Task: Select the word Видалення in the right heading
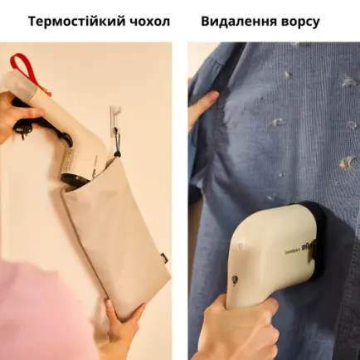pos(242,21)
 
